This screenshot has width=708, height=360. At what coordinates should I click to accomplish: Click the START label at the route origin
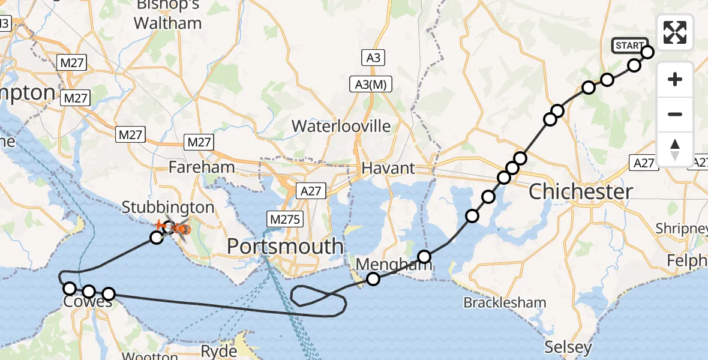coord(629,46)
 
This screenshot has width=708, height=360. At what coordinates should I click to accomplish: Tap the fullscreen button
coord(675,32)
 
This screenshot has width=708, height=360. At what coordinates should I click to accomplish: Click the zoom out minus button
coord(675,114)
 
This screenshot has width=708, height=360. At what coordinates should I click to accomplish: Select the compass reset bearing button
coord(675,149)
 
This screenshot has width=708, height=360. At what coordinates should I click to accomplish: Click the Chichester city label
coord(581,192)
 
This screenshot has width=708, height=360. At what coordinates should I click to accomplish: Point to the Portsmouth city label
coord(286,246)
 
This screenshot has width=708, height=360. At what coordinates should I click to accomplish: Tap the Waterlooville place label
coord(341,126)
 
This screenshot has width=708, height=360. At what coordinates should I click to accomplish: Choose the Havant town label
coord(388,168)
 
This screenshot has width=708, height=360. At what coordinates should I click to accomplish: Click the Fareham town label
coord(202,167)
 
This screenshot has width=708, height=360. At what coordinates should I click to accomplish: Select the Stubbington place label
coord(167,208)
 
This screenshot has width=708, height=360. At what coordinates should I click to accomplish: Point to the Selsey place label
coord(568,347)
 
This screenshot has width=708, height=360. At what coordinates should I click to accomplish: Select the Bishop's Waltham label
coord(167,15)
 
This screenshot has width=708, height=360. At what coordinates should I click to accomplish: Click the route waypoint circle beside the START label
coord(647,52)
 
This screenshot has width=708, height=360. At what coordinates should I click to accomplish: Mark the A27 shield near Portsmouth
coord(311,191)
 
